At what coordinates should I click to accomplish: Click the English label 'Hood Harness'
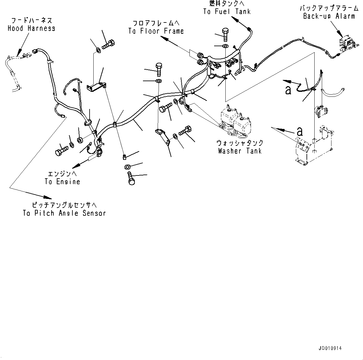31,28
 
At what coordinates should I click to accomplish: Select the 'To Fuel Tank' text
227,12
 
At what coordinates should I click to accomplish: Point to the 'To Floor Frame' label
156,31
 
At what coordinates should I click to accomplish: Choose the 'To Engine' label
62,182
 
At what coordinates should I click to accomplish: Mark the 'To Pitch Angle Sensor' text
64,213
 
